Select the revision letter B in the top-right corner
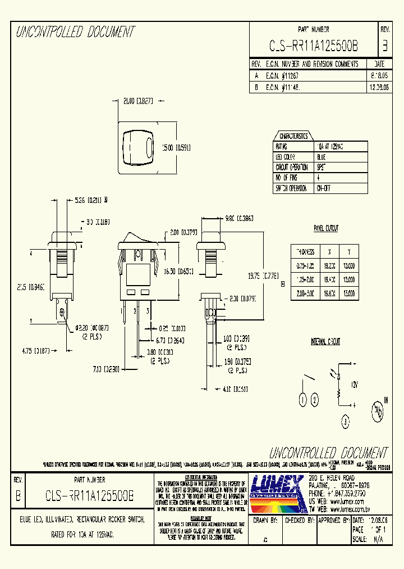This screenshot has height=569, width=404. (384, 46)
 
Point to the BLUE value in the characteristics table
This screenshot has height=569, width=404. (321, 157)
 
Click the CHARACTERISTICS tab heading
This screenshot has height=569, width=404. (293, 136)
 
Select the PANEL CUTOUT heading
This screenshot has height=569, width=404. (325, 229)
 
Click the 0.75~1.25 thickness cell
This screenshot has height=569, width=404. (306, 264)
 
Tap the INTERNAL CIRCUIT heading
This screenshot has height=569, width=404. (325, 342)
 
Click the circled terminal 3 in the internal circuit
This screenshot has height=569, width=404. (346, 421)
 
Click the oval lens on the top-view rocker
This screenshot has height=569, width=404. (149, 148)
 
